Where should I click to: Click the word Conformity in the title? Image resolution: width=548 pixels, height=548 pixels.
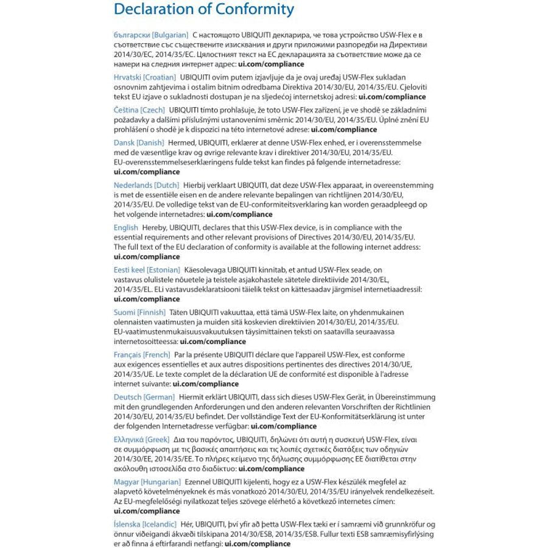250,10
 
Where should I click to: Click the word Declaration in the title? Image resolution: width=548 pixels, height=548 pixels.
151,10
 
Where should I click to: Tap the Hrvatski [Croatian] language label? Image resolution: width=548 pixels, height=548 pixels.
145,77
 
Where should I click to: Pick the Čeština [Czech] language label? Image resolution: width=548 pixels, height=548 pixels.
139,110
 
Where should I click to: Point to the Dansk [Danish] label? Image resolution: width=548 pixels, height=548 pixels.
139,142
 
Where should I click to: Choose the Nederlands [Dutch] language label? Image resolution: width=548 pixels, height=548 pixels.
146,185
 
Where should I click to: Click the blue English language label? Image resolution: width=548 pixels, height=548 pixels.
126,228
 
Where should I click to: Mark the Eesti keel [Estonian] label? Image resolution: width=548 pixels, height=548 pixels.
147,270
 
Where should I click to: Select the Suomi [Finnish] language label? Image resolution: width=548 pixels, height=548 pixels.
139,312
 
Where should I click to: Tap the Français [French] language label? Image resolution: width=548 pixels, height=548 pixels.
142,354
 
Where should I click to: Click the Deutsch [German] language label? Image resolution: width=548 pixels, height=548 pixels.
144,397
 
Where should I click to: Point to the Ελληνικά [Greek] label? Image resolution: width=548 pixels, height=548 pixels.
141,440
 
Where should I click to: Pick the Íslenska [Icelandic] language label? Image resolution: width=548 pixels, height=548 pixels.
145,524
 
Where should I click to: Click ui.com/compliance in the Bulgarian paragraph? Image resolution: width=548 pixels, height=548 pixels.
271,64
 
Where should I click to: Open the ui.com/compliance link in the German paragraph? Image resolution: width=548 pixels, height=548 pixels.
284,426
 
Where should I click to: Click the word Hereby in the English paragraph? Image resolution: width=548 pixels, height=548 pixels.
154,228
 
